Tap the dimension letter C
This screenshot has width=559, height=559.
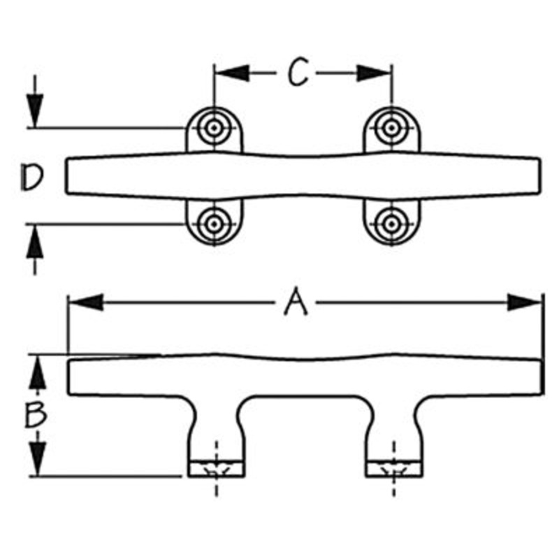pos(299,73)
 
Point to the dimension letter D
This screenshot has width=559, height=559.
pos(31,177)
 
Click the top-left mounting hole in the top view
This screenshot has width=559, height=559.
pos(214,128)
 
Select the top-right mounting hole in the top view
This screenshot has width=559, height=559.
pos(391,128)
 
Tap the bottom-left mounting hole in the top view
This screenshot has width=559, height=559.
pos(214,224)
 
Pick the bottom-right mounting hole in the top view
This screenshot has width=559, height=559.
pos(391,224)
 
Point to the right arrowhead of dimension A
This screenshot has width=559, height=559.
pos(524,303)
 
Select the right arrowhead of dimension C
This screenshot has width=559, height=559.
pos(374,73)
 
